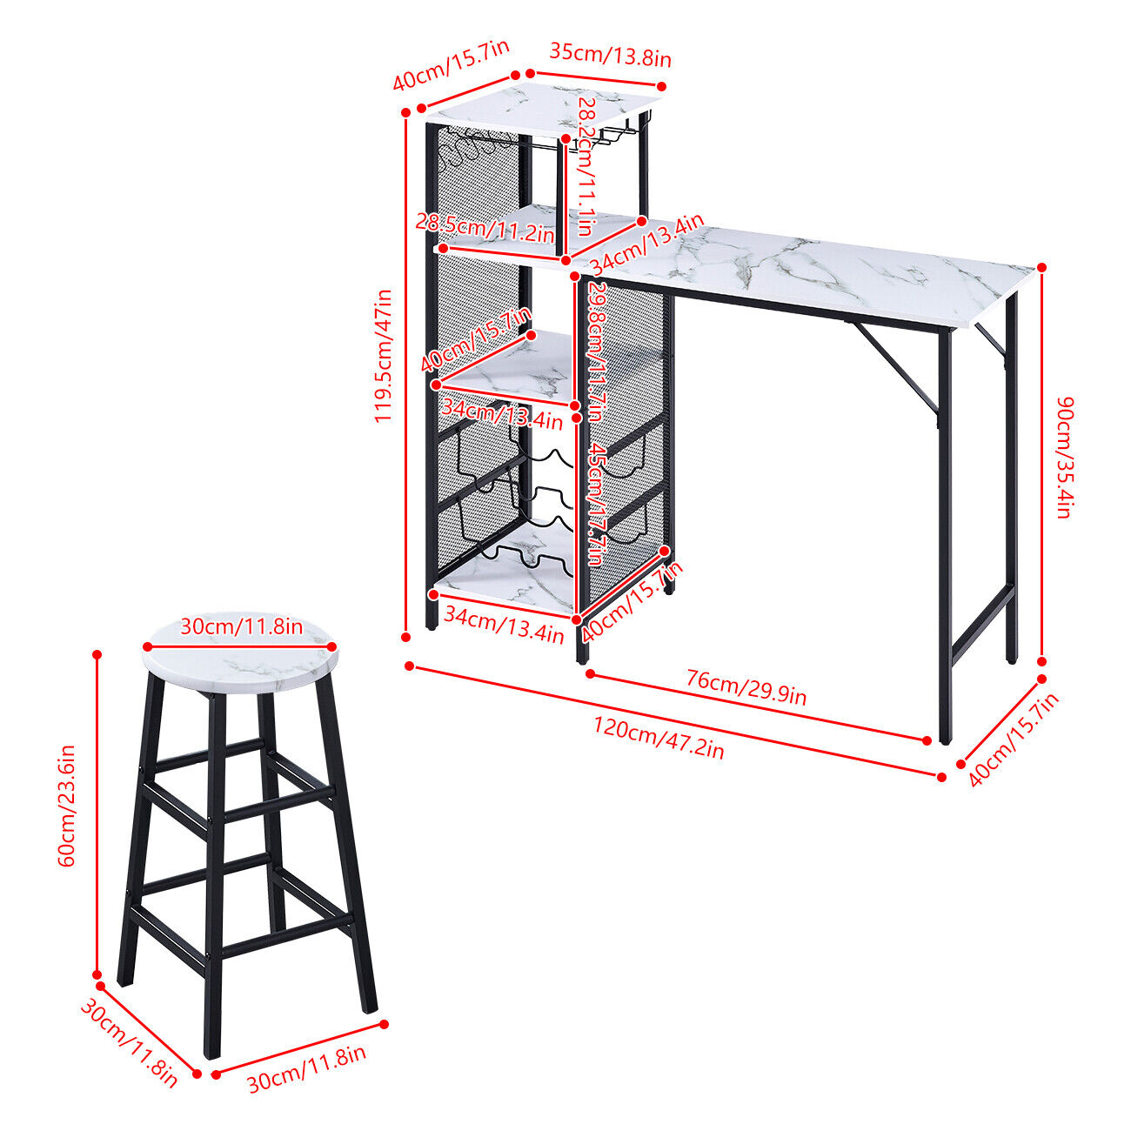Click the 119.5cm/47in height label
382,356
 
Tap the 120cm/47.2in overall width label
659,739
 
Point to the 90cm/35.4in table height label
1064,458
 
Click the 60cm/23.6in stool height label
66,806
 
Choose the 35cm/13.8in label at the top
611,55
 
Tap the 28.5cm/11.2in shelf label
485,228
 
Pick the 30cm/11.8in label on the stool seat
241,626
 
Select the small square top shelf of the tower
543,109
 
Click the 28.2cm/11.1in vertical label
585,167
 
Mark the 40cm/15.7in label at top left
451,65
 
